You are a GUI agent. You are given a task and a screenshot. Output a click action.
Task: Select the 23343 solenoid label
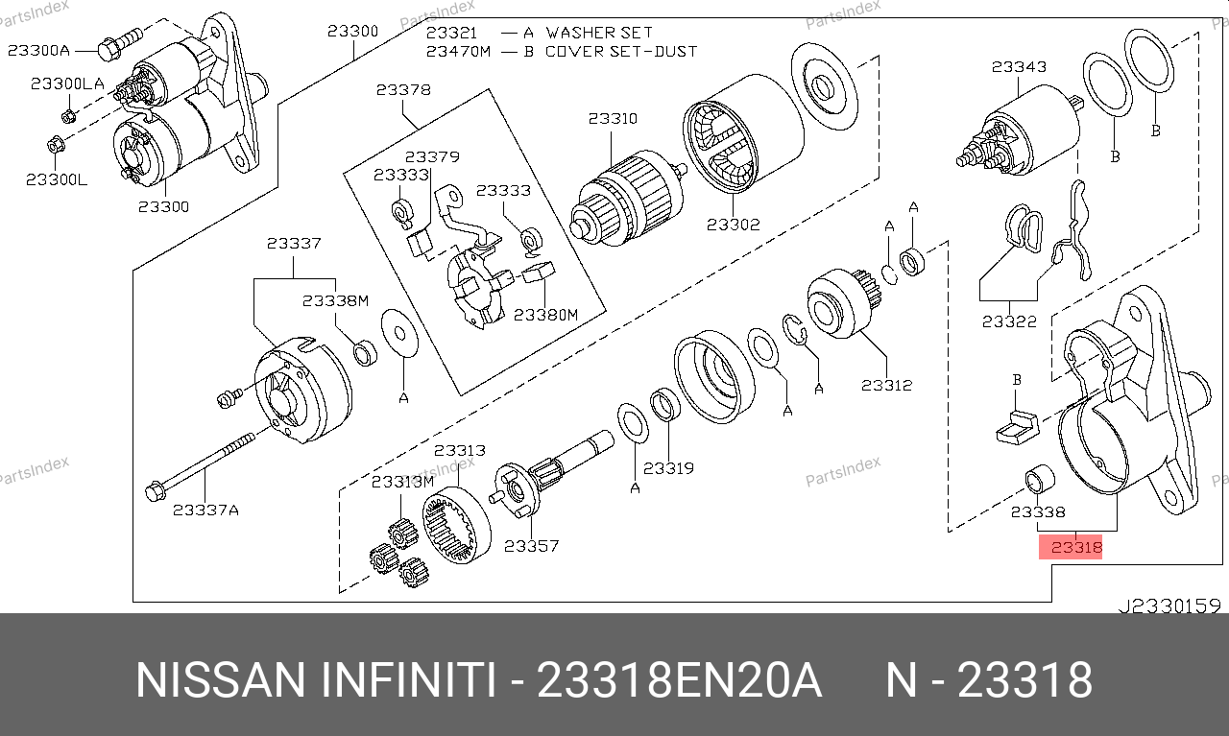click(1019, 67)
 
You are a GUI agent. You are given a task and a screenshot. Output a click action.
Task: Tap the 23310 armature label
click(613, 119)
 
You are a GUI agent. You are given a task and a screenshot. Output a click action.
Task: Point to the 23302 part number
click(733, 225)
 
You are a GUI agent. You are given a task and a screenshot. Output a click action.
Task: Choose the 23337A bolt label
click(205, 510)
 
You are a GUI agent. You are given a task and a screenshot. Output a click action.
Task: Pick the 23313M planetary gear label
click(403, 482)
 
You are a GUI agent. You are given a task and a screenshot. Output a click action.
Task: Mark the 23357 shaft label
click(531, 546)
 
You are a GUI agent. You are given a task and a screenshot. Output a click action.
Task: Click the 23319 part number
click(668, 468)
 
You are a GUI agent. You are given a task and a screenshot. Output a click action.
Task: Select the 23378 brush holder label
click(403, 90)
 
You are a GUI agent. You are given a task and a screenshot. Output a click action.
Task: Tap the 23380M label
click(545, 314)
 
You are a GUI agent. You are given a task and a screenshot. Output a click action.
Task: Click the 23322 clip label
click(1009, 321)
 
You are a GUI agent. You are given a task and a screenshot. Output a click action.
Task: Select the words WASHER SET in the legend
click(599, 33)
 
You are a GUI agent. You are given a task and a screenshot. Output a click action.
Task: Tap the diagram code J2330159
click(1169, 605)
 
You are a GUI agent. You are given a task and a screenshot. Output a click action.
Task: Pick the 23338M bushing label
click(335, 300)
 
